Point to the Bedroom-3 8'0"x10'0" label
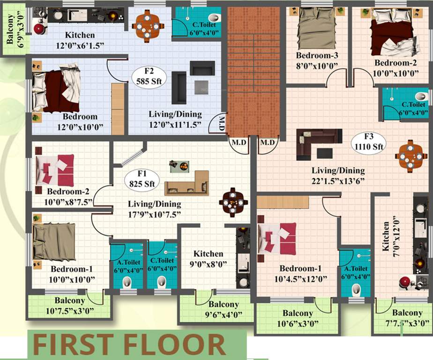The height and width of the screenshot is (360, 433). coord(317,61)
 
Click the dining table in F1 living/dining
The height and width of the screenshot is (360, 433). coord(233,202)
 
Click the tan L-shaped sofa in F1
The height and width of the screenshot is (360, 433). coord(187,184)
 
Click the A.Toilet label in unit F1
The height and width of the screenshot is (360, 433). coord(127,264)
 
